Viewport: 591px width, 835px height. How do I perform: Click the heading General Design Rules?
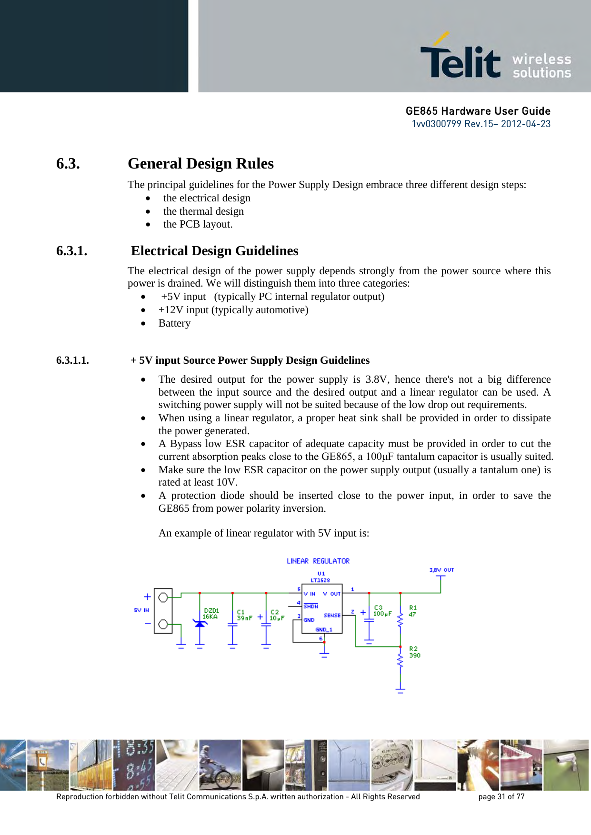(x=200, y=164)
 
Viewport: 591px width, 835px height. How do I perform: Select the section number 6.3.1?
(x=71, y=251)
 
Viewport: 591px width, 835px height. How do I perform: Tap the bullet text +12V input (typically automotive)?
(x=233, y=310)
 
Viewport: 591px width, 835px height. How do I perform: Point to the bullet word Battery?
(x=174, y=323)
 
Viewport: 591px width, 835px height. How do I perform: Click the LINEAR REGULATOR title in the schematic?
(x=318, y=561)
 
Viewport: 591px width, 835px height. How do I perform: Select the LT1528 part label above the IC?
(x=320, y=580)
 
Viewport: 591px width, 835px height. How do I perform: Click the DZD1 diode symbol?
(x=200, y=623)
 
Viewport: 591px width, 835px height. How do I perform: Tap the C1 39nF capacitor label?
(x=244, y=615)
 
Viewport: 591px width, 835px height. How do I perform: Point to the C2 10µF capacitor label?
(x=277, y=615)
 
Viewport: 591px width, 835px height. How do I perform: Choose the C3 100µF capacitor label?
(x=382, y=611)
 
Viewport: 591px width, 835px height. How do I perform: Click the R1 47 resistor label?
(x=412, y=611)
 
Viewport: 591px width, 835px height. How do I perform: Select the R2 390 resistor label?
(x=414, y=652)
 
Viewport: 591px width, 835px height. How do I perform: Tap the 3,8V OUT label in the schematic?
(x=441, y=570)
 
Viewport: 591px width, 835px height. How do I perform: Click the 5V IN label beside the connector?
(x=141, y=610)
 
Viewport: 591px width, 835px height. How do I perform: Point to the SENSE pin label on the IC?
(x=332, y=616)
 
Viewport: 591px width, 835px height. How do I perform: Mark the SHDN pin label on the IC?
(x=311, y=606)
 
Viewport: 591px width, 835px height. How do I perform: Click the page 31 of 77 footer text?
(x=501, y=796)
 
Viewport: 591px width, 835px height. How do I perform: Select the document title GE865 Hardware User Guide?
(x=478, y=111)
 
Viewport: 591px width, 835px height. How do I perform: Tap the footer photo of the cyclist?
(x=220, y=765)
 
